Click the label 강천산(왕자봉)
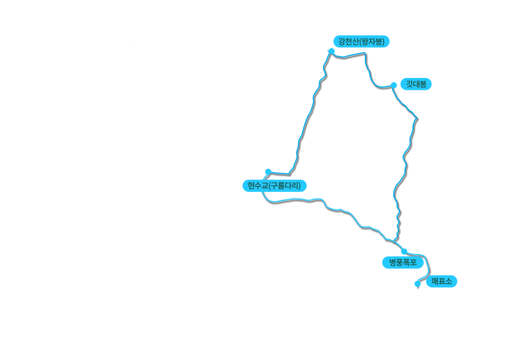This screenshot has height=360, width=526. coord(361,41)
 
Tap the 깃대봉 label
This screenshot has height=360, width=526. coord(416,84)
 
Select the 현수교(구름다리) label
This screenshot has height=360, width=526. coord(273,186)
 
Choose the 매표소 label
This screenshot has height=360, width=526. coord(442,281)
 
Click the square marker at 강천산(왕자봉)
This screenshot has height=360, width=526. coord(331,51)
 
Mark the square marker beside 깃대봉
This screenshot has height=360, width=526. coord(394,84)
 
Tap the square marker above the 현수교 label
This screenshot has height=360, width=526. coord(268,171)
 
